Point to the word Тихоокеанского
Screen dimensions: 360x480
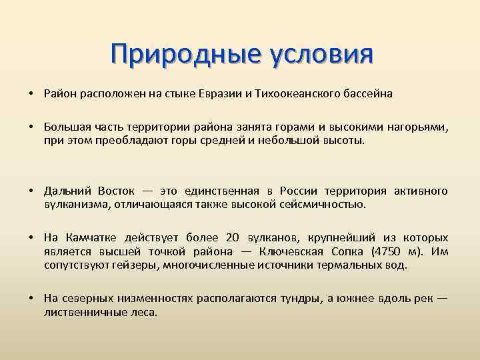(291, 94)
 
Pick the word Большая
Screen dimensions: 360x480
(64, 127)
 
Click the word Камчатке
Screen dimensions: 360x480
(94, 238)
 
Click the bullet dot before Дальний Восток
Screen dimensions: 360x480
(31, 191)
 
